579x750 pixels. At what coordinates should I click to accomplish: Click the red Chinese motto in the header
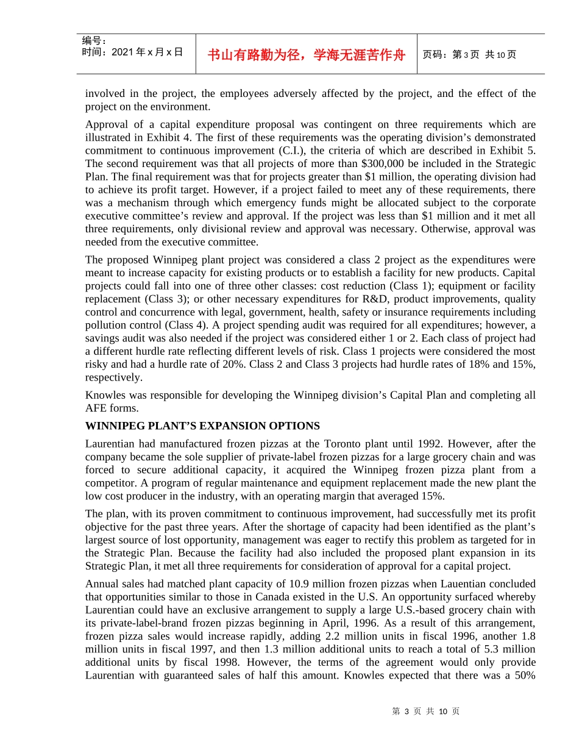pyautogui.click(x=306, y=55)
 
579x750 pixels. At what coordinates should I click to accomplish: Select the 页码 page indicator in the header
pyautogui.click(x=469, y=55)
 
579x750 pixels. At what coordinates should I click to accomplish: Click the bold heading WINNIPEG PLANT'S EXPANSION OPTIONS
pyautogui.click(x=202, y=426)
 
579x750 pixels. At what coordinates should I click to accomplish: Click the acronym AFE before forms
pyautogui.click(x=97, y=408)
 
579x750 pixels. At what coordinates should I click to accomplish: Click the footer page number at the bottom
pyautogui.click(x=426, y=711)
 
